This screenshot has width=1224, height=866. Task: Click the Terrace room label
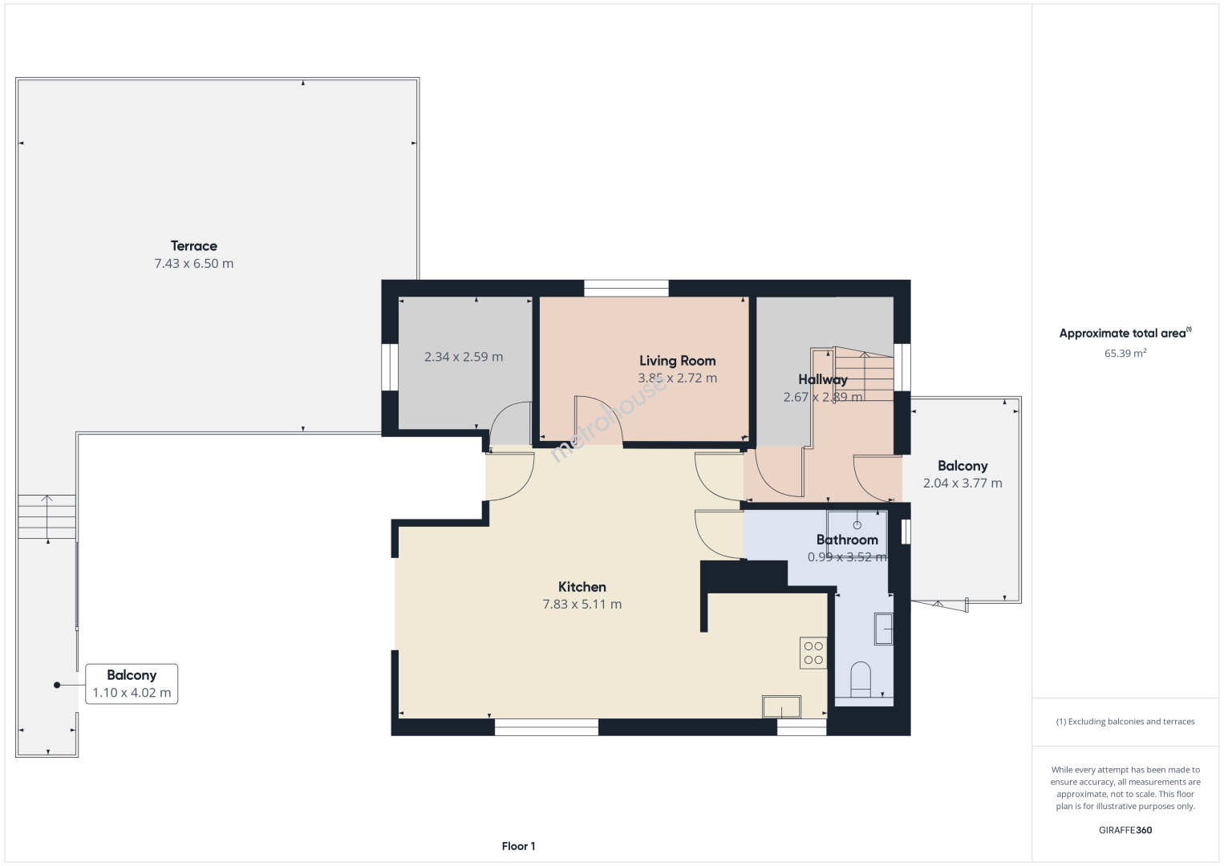(x=194, y=246)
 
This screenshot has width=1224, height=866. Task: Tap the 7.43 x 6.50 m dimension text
(x=194, y=263)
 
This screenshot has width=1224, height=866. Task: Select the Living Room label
(x=678, y=361)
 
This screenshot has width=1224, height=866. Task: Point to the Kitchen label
(x=582, y=587)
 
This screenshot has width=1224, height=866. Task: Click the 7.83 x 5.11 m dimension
(x=582, y=605)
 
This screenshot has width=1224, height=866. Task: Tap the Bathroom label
(x=847, y=540)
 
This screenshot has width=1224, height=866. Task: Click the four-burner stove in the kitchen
(x=813, y=653)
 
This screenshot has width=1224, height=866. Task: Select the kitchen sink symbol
(x=782, y=706)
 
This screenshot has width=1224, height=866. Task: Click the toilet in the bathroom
(x=861, y=680)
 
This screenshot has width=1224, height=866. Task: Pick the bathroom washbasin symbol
(x=884, y=629)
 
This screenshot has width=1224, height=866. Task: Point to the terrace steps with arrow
(x=47, y=517)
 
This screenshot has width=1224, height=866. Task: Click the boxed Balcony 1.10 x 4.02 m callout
(x=132, y=684)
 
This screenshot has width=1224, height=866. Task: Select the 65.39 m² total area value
(x=1125, y=353)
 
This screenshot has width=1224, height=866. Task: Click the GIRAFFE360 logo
(x=1125, y=830)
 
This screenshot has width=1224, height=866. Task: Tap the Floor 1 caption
(x=519, y=846)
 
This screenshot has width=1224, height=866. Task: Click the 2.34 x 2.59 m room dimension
(x=464, y=357)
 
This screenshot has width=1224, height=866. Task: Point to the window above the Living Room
(x=626, y=288)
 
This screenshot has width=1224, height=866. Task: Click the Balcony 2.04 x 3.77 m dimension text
(x=963, y=483)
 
